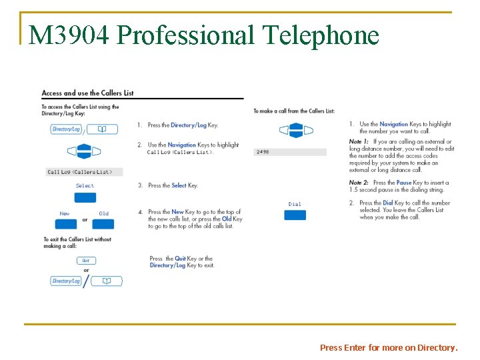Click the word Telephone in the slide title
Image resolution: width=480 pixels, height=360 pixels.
[x=321, y=35]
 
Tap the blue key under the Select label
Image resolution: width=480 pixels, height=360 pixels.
[x=85, y=197]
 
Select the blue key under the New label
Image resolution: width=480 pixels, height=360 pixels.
[x=65, y=223]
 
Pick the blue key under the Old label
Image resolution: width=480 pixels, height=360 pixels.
[x=104, y=223]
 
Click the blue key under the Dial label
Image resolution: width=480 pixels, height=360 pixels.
[x=295, y=215]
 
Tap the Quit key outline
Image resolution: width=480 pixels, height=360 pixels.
[x=85, y=261]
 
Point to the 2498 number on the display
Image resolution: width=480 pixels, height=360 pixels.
[x=263, y=152]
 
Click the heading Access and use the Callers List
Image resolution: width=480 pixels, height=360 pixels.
[x=87, y=93]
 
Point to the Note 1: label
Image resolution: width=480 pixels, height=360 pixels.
[x=360, y=141]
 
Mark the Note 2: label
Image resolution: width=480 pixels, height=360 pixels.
[x=360, y=182]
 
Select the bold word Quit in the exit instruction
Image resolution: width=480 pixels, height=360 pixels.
[x=180, y=259]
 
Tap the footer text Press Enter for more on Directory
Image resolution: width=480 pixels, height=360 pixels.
[x=389, y=347]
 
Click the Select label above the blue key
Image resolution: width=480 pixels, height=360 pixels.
[x=85, y=185]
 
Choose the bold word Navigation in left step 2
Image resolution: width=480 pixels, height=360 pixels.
[x=182, y=145]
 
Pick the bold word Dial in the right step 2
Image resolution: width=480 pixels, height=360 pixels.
[x=387, y=203]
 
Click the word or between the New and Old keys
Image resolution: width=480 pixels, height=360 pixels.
[x=85, y=220]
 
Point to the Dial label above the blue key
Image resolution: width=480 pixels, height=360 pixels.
[x=295, y=204]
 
